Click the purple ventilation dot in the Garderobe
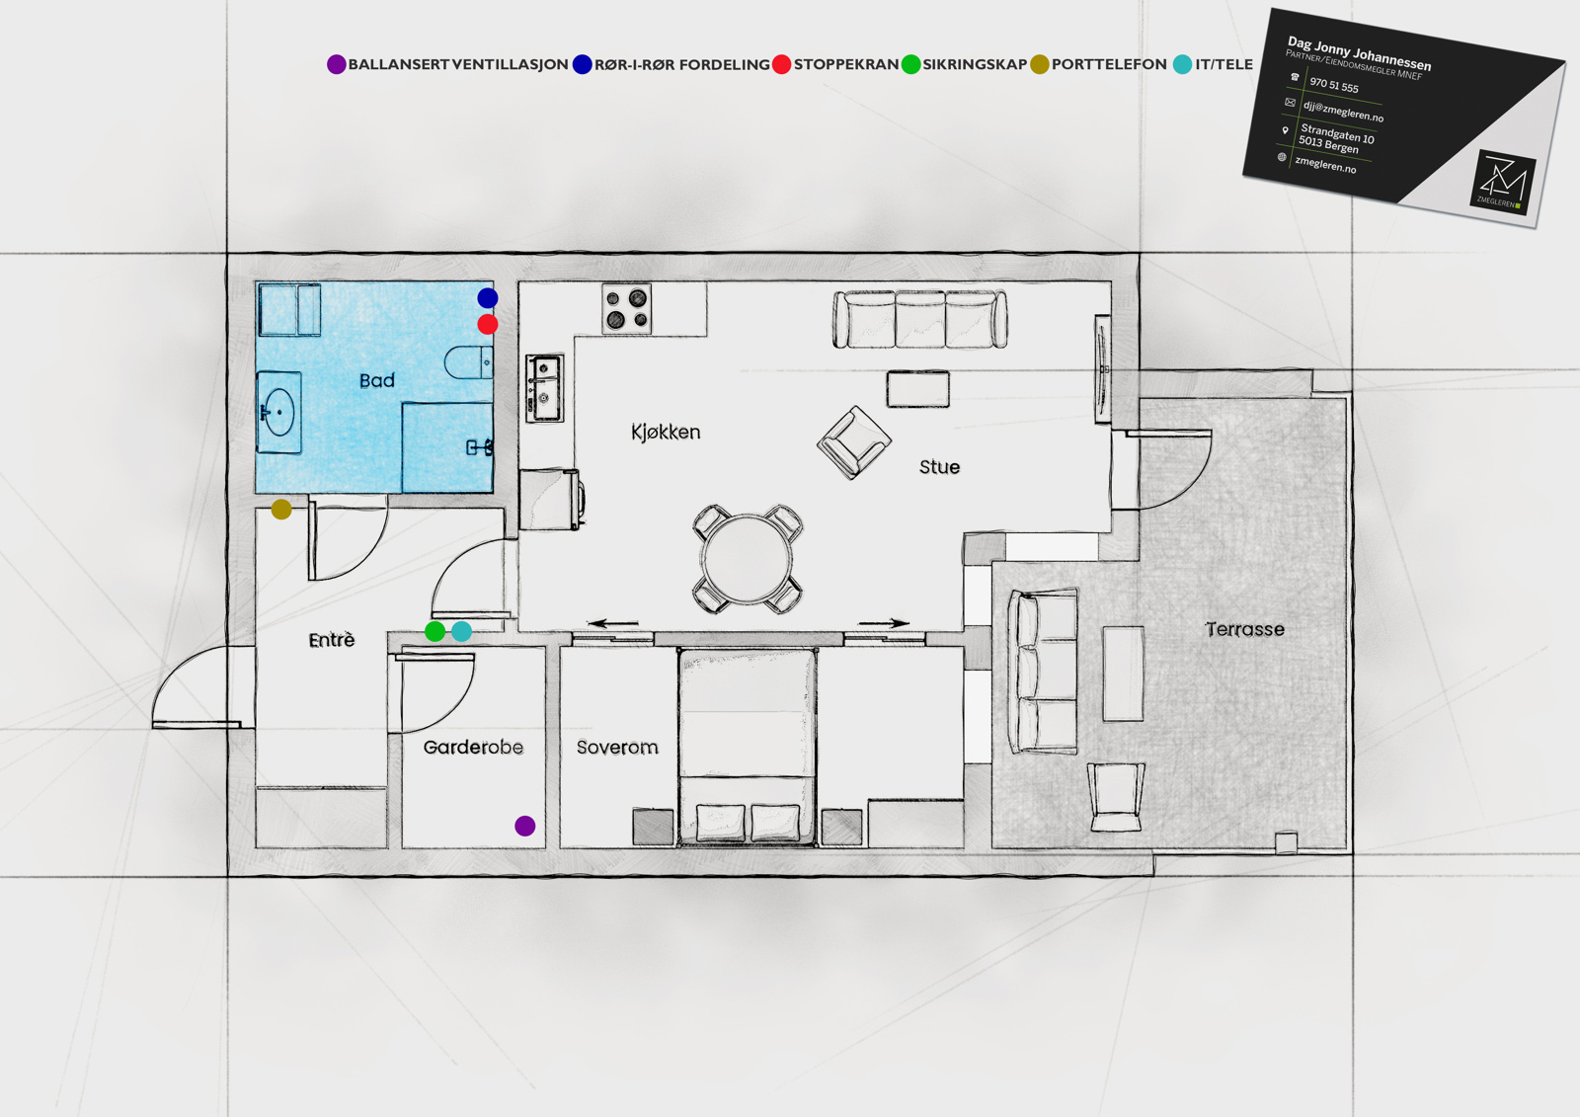tap(524, 826)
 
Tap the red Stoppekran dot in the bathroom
tap(488, 325)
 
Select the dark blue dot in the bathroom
tap(488, 298)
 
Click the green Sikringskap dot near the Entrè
tap(435, 631)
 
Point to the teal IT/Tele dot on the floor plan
tap(461, 631)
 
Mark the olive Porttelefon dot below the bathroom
tap(281, 510)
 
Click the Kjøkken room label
tap(666, 432)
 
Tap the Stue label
tap(939, 466)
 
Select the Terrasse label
tap(1245, 629)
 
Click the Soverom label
tap(617, 748)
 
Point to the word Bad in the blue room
tap(376, 380)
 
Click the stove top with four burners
tap(626, 308)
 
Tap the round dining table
tap(748, 559)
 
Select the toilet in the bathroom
tap(469, 362)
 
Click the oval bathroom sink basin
tap(280, 412)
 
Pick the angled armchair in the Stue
tap(853, 442)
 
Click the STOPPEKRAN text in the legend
tap(846, 64)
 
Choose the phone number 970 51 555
tap(1334, 85)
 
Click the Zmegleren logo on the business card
tap(1502, 182)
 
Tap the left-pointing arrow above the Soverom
tap(613, 623)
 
